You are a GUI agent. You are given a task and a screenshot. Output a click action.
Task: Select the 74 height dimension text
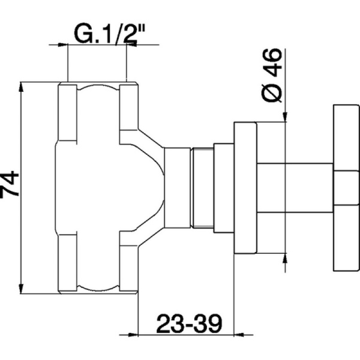pyautogui.click(x=10, y=185)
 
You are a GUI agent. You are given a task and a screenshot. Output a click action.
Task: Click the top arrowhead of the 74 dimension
pyautogui.click(x=22, y=87)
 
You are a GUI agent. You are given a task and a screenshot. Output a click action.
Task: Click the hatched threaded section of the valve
pyautogui.click(x=201, y=187)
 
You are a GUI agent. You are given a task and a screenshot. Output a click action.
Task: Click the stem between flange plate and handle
pyautogui.click(x=294, y=187)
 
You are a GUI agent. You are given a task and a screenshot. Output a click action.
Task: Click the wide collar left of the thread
pyautogui.click(x=177, y=187)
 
